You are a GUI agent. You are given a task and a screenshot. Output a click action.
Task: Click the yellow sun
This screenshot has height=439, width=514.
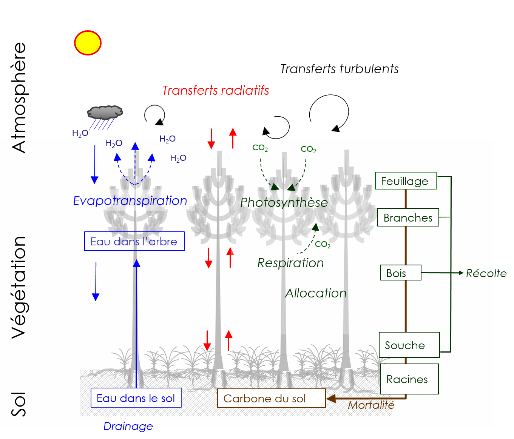[88, 43]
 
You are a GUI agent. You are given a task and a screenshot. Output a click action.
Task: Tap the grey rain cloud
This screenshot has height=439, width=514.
[105, 112]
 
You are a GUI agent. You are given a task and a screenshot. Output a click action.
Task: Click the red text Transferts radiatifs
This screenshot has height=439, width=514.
[215, 91]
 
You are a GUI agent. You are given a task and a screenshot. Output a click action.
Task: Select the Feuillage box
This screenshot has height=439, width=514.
[406, 181]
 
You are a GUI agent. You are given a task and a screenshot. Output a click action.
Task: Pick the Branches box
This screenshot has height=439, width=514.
[408, 217]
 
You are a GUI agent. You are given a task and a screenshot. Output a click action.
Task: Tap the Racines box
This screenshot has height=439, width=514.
[409, 379]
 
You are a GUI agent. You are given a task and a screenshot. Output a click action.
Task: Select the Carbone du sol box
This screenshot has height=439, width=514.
[271, 398]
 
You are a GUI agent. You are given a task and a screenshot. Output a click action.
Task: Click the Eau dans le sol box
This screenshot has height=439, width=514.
[136, 398]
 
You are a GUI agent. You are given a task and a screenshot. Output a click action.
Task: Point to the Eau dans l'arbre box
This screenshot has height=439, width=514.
[134, 241]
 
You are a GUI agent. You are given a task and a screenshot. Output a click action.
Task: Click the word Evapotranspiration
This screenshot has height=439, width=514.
[130, 200]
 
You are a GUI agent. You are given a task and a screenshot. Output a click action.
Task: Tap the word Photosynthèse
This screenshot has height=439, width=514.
[284, 202]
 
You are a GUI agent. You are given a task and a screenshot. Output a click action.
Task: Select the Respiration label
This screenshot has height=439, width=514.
[290, 263]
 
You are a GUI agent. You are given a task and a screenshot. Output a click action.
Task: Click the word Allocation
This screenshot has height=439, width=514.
[316, 293]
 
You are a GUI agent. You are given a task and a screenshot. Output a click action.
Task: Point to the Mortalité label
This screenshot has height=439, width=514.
[371, 405]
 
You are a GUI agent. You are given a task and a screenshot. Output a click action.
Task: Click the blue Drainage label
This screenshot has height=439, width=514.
[128, 426]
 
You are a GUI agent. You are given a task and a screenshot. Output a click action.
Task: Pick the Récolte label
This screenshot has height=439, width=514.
[486, 273]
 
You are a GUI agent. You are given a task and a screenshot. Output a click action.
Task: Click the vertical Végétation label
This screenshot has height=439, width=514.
[19, 287]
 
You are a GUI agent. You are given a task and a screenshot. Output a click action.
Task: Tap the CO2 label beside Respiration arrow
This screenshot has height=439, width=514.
[323, 244]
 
